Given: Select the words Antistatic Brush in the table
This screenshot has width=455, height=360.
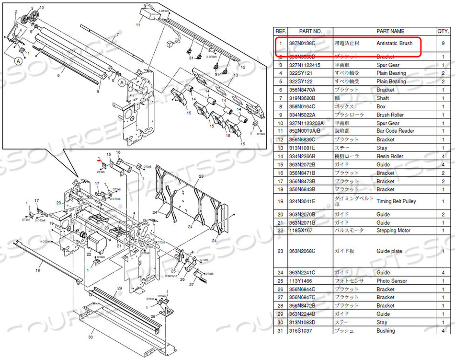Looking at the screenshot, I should pyautogui.click(x=394, y=43).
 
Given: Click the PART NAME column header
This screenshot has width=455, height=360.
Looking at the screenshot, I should pyautogui.click(x=390, y=31).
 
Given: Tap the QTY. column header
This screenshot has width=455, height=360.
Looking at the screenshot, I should pyautogui.click(x=443, y=31).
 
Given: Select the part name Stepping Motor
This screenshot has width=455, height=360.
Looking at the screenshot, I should pyautogui.click(x=393, y=231).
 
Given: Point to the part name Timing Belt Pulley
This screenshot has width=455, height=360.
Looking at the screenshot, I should pyautogui.click(x=396, y=202).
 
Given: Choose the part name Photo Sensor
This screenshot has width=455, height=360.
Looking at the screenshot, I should pyautogui.click(x=392, y=281).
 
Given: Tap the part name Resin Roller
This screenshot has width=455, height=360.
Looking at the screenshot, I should pyautogui.click(x=390, y=156).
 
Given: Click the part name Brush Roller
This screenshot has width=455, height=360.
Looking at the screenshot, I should pyautogui.click(x=390, y=115).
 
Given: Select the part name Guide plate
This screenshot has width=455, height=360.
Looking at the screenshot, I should pyautogui.click(x=389, y=251).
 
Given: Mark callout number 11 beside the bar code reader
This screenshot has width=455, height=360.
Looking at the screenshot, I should pyautogui.click(x=138, y=24).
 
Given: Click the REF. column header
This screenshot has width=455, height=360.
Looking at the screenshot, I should pyautogui.click(x=280, y=31).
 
